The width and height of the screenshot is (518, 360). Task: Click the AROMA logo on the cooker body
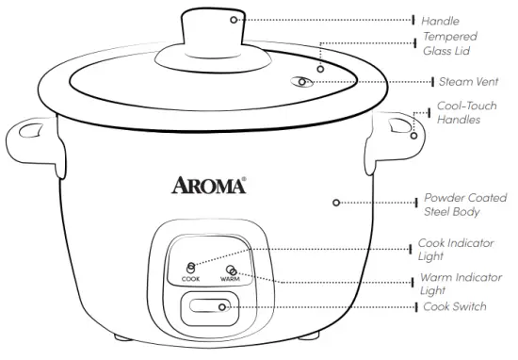pos(209,183)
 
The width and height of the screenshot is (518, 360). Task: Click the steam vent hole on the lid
pos(301,82)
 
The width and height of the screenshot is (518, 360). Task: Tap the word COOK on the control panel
pos(191,280)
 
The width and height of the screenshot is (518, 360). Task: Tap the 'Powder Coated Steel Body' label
pos(464,205)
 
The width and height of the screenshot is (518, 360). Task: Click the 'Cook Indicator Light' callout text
pos(458,250)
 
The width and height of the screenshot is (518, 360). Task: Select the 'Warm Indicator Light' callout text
pos(461,285)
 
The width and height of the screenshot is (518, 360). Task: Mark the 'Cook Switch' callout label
pos(455,307)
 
